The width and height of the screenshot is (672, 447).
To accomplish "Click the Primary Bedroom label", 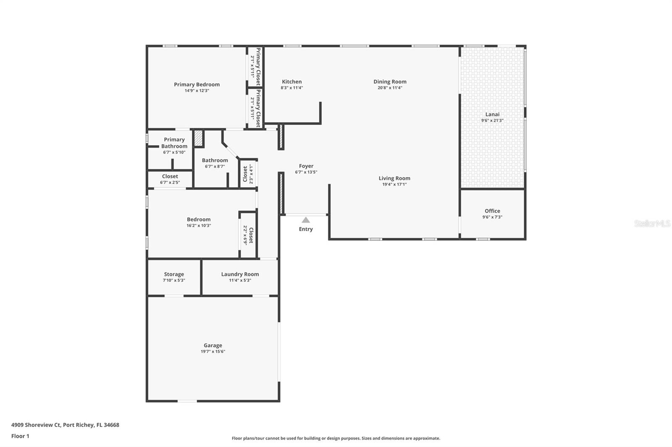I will point(197,84).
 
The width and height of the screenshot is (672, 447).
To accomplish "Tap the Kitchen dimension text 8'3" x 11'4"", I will point(291,88).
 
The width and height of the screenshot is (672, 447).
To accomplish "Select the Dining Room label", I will point(390,82).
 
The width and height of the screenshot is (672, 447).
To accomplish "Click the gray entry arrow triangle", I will point(306,220).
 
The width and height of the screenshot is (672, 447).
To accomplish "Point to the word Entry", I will point(306,229).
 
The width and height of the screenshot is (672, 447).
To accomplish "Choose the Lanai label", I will point(492,114).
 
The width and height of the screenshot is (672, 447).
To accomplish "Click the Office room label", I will point(492,211).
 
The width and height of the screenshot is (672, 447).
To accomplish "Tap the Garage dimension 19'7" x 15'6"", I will point(213,352).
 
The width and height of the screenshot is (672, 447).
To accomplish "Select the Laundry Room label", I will point(240,274).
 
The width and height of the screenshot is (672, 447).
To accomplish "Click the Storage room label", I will point(174,274).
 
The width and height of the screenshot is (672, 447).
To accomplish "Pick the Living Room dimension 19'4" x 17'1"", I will point(394,185).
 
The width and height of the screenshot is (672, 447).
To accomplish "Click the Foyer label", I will point(306,166).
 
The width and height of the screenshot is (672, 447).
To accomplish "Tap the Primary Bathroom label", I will point(174,143).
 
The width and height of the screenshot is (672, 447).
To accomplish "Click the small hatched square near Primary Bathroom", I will point(198,138).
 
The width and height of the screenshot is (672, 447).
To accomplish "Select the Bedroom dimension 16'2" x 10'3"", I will point(199,226).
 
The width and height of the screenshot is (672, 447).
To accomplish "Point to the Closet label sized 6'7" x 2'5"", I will point(170,177).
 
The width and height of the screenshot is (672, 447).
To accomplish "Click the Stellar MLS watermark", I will point(652,223).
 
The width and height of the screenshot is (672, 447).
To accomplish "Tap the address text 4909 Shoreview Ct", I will point(37,425).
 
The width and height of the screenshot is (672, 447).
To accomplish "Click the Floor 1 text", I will point(20,436).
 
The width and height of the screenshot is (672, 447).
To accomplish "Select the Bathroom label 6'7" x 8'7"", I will point(215,160).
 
